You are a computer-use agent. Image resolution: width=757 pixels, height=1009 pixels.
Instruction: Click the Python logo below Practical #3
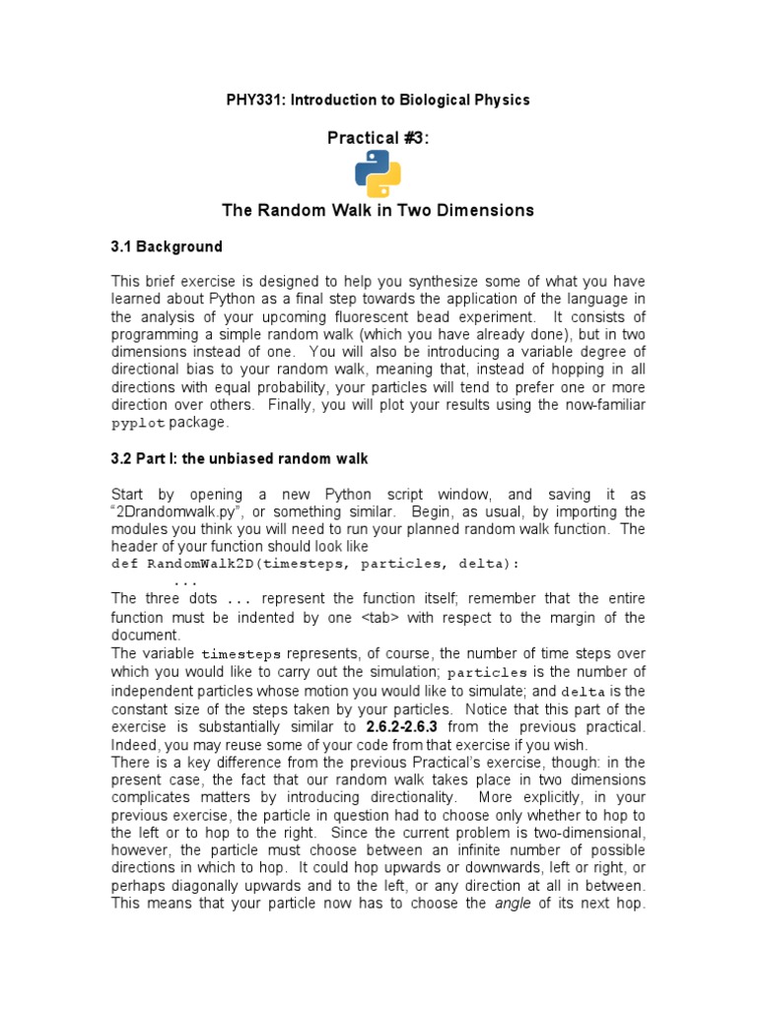pos(378,174)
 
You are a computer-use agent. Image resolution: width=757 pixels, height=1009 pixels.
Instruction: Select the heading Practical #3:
pos(378,138)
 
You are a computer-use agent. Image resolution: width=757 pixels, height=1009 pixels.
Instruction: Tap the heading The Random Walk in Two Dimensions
pos(378,210)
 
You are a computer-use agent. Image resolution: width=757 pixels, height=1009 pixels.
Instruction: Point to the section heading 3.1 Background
pos(167,246)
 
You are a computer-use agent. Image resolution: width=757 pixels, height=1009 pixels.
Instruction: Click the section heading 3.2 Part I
pos(240,458)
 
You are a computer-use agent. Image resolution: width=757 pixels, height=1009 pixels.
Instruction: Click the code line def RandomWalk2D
pos(314,565)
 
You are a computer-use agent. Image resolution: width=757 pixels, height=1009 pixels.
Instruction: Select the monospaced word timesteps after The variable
pos(241,654)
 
